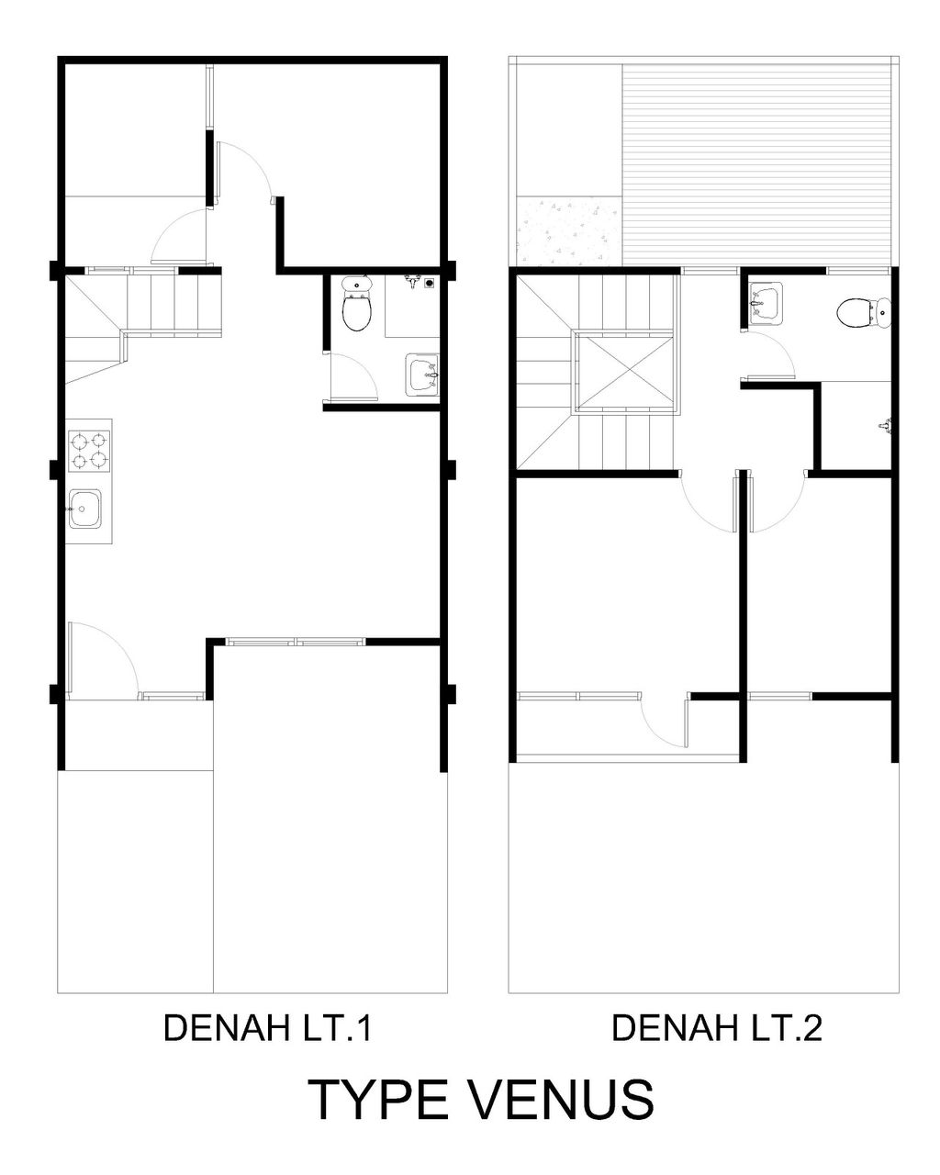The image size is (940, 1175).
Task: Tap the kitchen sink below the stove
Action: tap(85, 509)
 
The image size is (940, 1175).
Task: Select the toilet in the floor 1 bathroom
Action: tap(356, 303)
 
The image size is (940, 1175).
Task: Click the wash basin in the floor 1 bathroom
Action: tap(421, 375)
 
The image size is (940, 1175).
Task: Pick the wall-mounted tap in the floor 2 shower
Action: tap(885, 425)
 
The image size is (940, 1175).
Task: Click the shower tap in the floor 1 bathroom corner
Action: tap(414, 283)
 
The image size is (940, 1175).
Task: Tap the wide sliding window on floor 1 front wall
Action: tap(296, 642)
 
